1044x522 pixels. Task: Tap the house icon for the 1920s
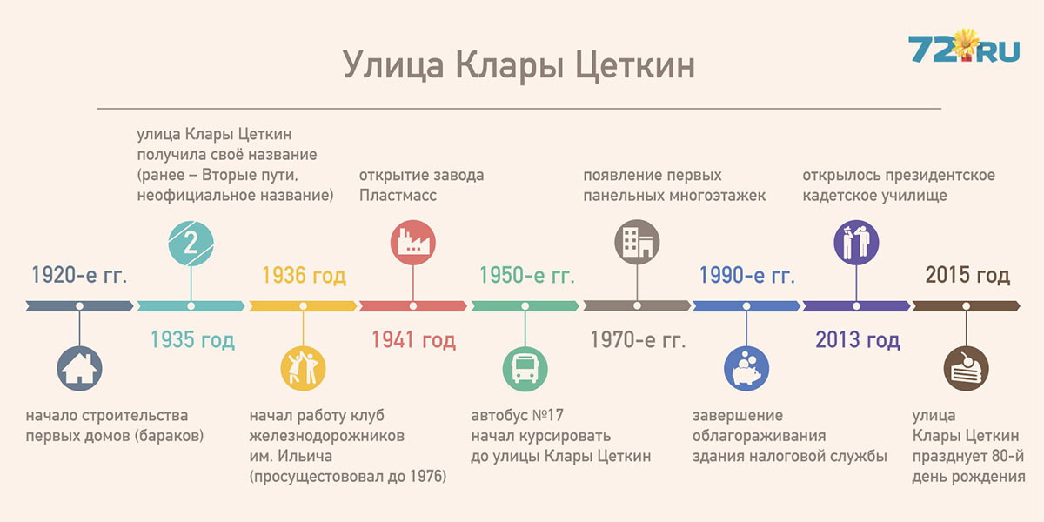click(79, 369)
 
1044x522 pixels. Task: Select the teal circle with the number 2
click(191, 244)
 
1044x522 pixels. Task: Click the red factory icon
click(413, 243)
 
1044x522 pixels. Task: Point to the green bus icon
click(525, 369)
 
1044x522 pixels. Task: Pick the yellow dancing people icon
click(303, 369)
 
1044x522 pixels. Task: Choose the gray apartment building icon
click(637, 243)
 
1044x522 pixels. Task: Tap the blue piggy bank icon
click(746, 369)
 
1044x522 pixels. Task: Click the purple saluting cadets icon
click(856, 243)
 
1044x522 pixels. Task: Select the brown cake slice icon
click(967, 369)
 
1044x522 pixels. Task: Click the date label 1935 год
click(192, 340)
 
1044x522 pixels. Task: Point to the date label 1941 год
click(413, 340)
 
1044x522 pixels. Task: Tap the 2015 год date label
click(967, 275)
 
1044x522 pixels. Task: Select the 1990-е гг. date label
click(747, 275)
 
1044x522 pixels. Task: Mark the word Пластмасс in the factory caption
click(398, 195)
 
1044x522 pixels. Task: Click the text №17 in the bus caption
click(547, 415)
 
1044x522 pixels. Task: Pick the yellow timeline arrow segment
click(303, 306)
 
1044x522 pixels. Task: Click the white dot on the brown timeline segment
click(967, 306)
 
